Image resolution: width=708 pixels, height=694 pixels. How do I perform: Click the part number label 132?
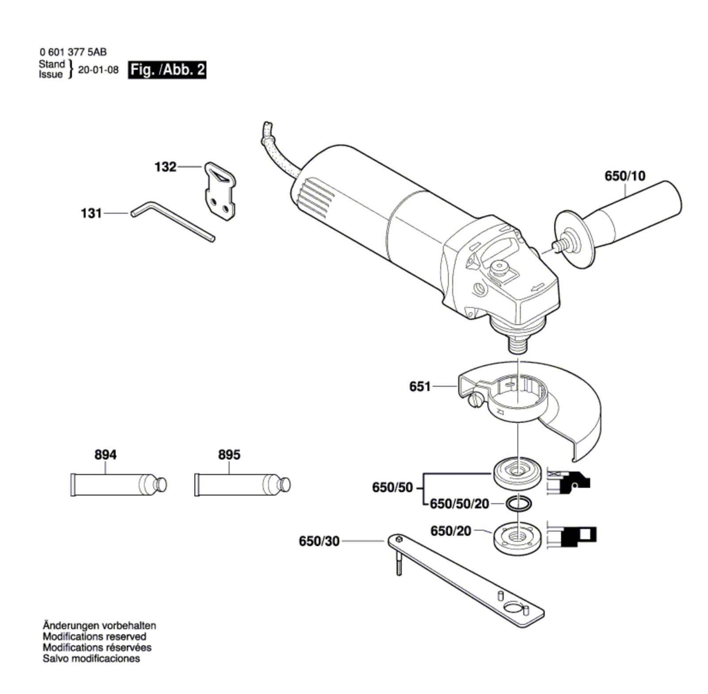point(165,167)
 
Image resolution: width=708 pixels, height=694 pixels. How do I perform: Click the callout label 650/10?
point(625,176)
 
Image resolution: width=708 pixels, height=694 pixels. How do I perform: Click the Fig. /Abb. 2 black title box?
point(167,70)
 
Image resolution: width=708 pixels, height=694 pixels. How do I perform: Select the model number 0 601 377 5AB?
point(73,52)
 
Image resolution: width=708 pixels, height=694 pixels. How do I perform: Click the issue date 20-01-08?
point(98,70)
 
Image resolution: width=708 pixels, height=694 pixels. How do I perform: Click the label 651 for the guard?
point(419,386)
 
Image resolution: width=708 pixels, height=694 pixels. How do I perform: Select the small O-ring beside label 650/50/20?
point(517,503)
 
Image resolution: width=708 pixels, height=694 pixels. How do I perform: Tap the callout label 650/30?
point(319,541)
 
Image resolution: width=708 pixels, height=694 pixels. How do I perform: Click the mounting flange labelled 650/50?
point(517,474)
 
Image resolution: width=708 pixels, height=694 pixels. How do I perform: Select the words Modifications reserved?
point(94,636)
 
